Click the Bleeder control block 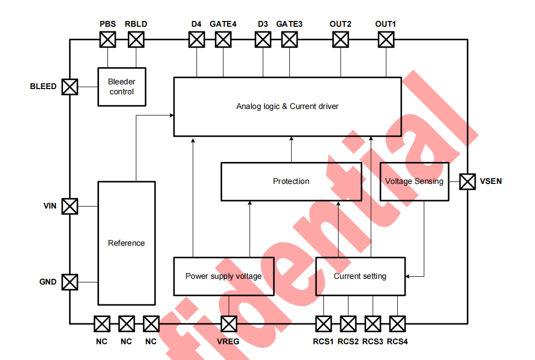click(122, 86)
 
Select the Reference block click(126, 243)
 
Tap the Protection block click(291, 181)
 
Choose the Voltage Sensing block click(414, 181)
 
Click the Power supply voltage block click(224, 276)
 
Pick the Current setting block click(360, 276)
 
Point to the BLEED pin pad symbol click(70, 86)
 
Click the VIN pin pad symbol click(70, 206)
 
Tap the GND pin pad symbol click(70, 282)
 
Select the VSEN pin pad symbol click(467, 181)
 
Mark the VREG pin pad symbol click(228, 324)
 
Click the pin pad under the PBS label click(107, 39)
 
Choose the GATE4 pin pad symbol click(223, 39)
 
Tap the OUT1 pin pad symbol click(386, 39)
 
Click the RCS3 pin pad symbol click(373, 324)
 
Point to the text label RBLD click(136, 24)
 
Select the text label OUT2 click(340, 24)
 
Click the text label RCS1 click(323, 342)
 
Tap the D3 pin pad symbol click(263, 39)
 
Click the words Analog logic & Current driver click(287, 106)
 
